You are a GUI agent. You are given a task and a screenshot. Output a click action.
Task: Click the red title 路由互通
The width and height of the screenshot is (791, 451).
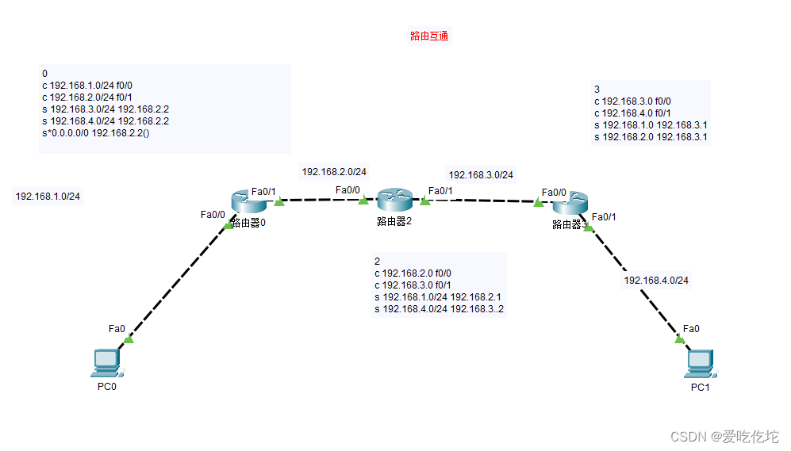click(430, 36)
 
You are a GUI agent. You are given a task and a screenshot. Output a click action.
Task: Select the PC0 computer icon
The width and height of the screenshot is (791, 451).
click(106, 362)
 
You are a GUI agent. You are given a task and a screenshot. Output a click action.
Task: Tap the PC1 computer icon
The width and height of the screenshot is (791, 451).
click(699, 362)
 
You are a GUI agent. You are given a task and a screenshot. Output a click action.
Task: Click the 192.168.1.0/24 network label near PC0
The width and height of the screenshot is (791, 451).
click(48, 196)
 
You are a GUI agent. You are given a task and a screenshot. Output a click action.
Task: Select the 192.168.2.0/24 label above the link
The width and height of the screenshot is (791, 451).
click(334, 171)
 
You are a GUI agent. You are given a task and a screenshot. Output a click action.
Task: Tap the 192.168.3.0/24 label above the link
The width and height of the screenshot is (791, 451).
click(481, 174)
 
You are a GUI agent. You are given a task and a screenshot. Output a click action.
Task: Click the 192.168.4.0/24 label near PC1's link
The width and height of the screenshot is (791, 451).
click(656, 280)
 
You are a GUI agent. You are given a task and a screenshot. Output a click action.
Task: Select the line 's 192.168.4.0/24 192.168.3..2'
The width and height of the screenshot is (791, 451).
click(439, 309)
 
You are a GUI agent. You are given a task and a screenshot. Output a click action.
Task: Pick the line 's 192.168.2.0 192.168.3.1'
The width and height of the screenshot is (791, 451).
click(651, 137)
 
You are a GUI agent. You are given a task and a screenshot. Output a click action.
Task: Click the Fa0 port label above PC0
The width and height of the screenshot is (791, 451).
click(117, 328)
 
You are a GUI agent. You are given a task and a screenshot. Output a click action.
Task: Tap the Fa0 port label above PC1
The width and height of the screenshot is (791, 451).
click(691, 328)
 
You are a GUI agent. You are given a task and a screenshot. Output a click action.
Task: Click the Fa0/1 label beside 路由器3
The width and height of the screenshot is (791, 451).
click(605, 216)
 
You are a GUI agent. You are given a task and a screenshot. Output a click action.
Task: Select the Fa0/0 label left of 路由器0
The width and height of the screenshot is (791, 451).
click(213, 214)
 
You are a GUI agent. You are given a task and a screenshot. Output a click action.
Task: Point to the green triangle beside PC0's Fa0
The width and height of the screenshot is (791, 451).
click(129, 339)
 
